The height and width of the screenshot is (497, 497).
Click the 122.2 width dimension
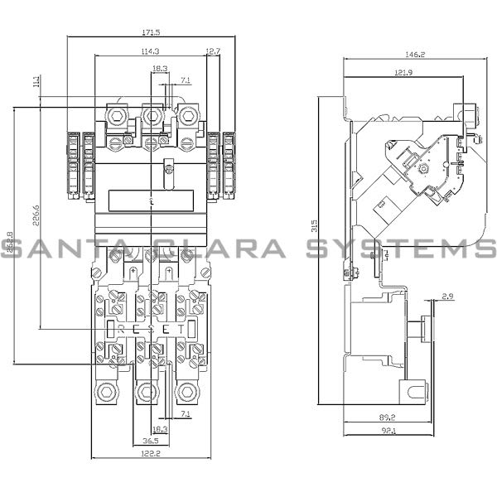pyautogui.click(x=150, y=454)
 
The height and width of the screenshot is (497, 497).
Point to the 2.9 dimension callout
pyautogui.click(x=448, y=296)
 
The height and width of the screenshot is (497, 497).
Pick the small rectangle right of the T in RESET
pyautogui.click(x=192, y=329)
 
